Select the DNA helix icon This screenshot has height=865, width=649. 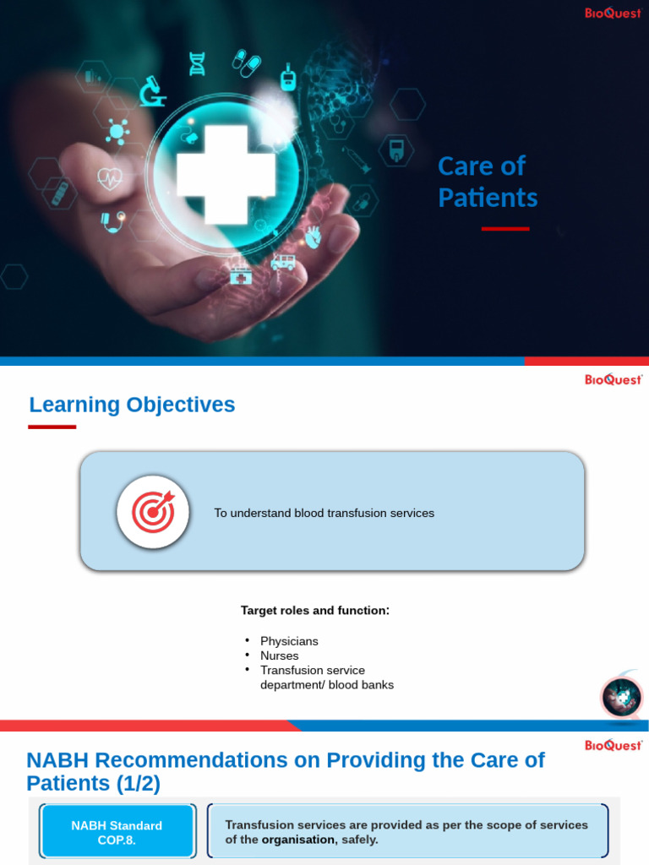[x=197, y=63]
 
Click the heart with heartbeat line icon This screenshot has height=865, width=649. [x=109, y=178]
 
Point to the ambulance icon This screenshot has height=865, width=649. [x=283, y=262]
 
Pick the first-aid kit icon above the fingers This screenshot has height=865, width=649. [x=241, y=275]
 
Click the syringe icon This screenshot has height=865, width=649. [x=356, y=159]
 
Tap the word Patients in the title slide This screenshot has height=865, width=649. [x=488, y=198]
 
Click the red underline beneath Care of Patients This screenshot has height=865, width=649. [x=505, y=229]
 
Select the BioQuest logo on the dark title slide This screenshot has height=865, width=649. [x=613, y=13]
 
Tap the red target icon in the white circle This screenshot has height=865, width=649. [x=152, y=512]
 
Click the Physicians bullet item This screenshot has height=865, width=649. [x=289, y=641]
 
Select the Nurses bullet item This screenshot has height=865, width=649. [x=279, y=656]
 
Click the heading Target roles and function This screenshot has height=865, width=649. [x=315, y=610]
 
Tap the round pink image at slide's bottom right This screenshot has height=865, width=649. [x=622, y=698]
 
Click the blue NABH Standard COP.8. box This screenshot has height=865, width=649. [x=117, y=832]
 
